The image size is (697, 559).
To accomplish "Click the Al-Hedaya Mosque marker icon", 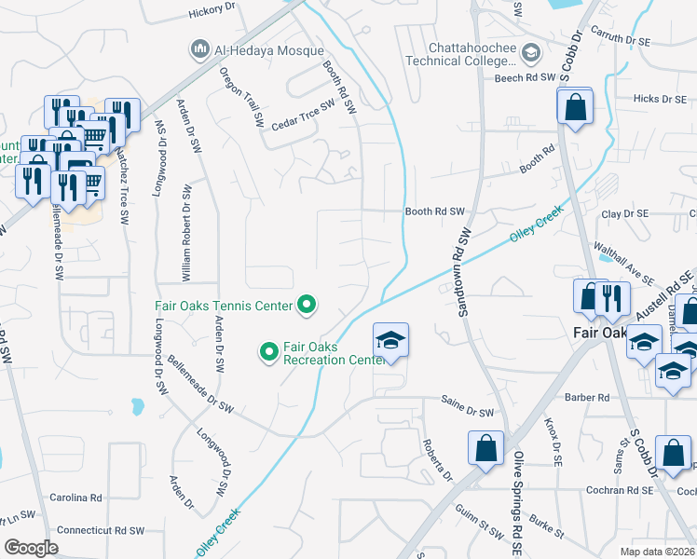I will click(198, 48).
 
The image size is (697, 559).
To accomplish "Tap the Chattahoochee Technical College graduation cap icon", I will click(530, 53).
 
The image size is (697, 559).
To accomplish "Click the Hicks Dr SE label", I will click(659, 99).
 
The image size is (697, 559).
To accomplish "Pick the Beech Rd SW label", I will click(525, 78).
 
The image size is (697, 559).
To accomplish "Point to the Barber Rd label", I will click(587, 398).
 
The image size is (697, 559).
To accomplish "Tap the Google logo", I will click(31, 547).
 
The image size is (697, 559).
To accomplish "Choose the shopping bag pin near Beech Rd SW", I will click(576, 104).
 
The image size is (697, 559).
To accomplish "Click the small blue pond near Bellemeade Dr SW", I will click(138, 407).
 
